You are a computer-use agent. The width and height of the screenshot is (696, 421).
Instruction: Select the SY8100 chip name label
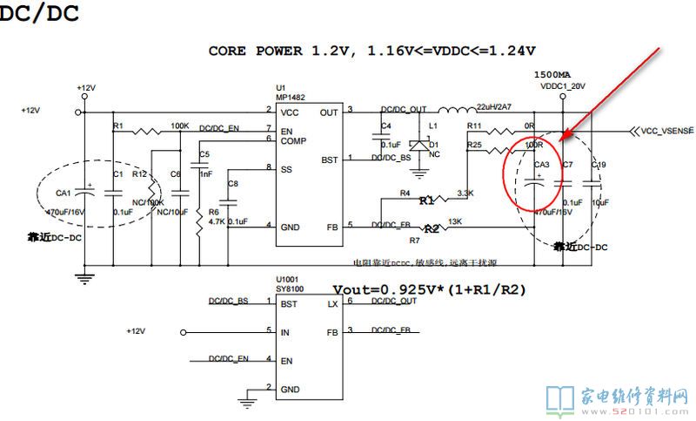click(x=291, y=288)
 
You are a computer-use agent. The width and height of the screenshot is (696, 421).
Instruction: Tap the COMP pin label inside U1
click(x=292, y=140)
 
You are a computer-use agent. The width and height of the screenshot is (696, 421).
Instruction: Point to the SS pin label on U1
click(x=286, y=170)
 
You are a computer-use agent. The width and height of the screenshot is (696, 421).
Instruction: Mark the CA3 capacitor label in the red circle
click(x=541, y=165)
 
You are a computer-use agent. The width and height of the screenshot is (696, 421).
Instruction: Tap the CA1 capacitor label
click(x=64, y=194)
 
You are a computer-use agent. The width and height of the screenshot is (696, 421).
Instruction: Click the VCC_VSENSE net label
click(x=667, y=131)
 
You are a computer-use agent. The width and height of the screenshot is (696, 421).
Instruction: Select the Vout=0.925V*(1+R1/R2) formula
click(x=430, y=289)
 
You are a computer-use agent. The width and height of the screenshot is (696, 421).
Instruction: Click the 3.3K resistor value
click(x=465, y=193)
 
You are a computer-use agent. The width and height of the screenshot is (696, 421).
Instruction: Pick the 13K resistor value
click(x=455, y=221)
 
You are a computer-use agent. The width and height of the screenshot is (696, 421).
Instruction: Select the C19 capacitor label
click(x=598, y=165)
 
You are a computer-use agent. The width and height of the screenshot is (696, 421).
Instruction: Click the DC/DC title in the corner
click(x=39, y=14)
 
